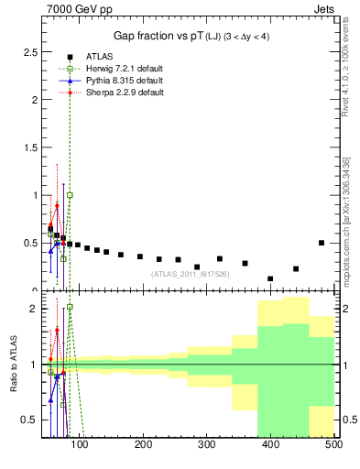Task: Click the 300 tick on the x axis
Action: (206, 446)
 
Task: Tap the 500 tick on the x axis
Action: (333, 446)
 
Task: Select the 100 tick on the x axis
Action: (80, 446)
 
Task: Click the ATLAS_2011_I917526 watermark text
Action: (191, 274)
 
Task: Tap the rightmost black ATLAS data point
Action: (322, 243)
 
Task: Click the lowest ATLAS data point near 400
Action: (270, 278)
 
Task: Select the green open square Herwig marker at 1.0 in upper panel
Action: (70, 195)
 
